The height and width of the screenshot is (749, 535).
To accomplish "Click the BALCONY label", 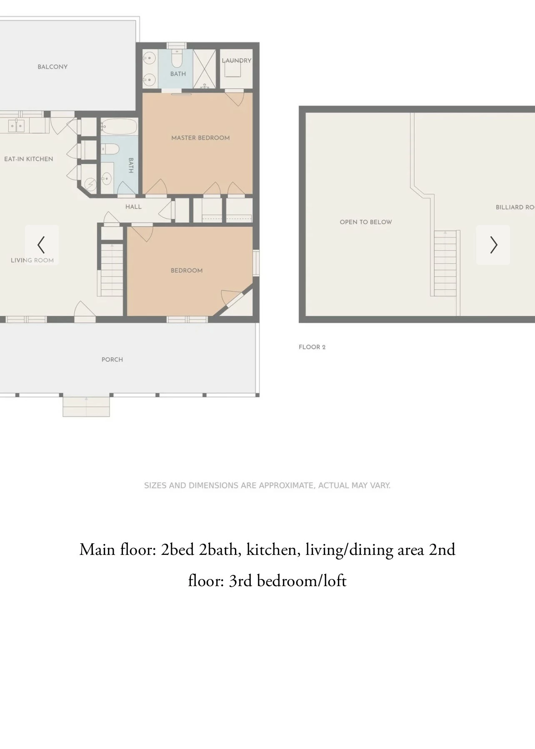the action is click(x=52, y=67).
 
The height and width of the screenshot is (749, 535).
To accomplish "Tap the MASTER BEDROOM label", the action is click(x=200, y=138).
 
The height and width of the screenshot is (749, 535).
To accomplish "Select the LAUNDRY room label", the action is click(x=237, y=60).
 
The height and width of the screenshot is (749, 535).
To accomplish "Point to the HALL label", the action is click(x=133, y=207).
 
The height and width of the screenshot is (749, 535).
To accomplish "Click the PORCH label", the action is click(x=112, y=360).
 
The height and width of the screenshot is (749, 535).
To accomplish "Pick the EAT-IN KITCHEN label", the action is click(x=29, y=159).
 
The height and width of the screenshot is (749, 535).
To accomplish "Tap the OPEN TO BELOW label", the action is click(x=366, y=222).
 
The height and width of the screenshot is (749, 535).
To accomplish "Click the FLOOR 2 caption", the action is click(x=312, y=347).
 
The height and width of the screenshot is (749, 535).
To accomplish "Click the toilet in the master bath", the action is click(x=177, y=59).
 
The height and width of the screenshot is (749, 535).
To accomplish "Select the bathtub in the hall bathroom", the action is click(x=119, y=126).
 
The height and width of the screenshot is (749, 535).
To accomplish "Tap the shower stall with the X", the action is click(x=204, y=69).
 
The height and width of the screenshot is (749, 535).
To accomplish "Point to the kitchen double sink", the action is click(x=16, y=125).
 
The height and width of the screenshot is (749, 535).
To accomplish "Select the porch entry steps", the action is click(x=86, y=407).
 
